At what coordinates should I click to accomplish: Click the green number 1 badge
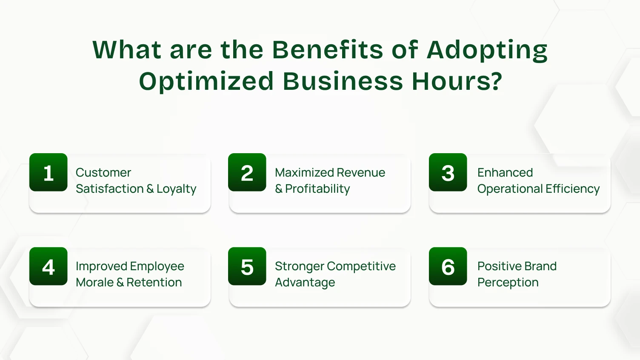49,172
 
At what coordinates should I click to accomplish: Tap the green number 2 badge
247,172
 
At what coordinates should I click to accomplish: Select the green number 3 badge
448,172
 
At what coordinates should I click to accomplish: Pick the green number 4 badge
49,266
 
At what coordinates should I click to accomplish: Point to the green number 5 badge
247,266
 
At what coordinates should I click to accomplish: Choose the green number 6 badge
448,266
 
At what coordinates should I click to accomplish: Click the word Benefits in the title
327,49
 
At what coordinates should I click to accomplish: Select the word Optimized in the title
206,82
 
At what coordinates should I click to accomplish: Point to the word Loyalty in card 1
176,189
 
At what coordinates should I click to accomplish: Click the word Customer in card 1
103,172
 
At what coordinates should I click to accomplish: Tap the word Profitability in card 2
317,189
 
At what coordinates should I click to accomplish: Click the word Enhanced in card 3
505,172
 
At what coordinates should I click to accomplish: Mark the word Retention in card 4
154,283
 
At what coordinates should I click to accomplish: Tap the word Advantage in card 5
305,283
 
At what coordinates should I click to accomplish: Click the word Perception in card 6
508,283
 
